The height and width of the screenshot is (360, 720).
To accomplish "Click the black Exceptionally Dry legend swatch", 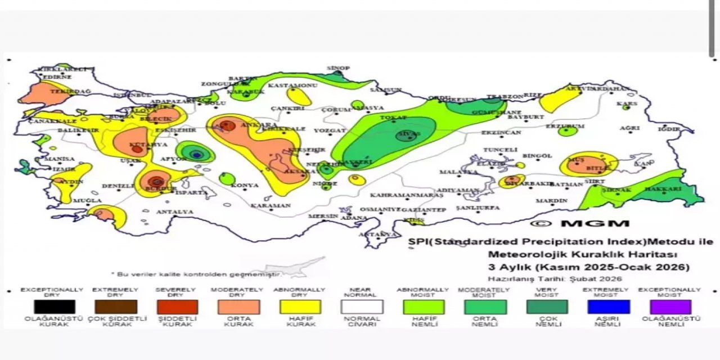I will click(54, 307).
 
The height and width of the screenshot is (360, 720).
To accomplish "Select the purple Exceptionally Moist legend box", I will click(669, 307).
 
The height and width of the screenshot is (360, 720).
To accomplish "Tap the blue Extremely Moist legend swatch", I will click(608, 307).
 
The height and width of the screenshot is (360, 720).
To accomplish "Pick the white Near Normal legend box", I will click(362, 307).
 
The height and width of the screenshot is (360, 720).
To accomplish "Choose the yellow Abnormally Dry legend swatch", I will click(300, 307).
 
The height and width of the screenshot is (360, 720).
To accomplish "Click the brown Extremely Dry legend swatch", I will click(116, 307).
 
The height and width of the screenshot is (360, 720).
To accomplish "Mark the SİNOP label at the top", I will click(338, 68).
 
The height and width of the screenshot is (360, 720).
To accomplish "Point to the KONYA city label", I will click(245, 186).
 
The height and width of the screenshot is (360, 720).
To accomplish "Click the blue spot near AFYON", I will click(196, 154).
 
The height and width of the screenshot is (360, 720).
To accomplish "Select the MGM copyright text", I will click(579, 223).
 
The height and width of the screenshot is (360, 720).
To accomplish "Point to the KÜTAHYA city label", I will click(141, 145).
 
